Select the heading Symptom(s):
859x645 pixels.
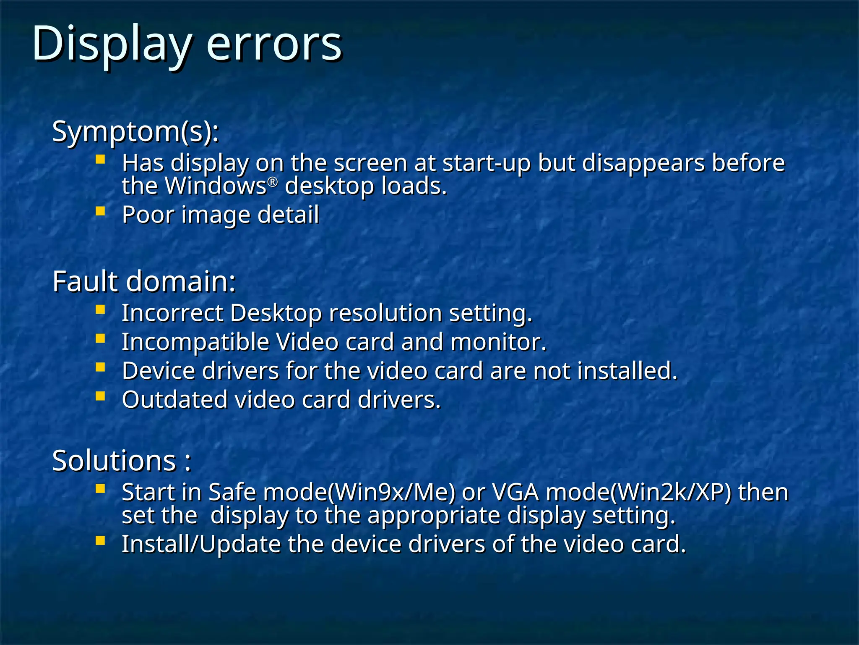pyautogui.click(x=135, y=132)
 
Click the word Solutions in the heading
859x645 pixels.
pyautogui.click(x=114, y=461)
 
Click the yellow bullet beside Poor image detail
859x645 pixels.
pyautogui.click(x=100, y=210)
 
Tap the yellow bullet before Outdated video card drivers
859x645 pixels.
pyautogui.click(x=100, y=396)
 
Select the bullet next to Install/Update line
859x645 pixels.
pyautogui.click(x=100, y=540)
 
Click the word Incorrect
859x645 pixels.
pyautogui.click(x=172, y=313)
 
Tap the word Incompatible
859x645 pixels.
pyautogui.click(x=195, y=342)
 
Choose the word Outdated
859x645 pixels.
pyautogui.click(x=174, y=400)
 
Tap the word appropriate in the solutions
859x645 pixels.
pyautogui.click(x=434, y=516)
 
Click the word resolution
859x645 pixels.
pyautogui.click(x=385, y=313)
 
